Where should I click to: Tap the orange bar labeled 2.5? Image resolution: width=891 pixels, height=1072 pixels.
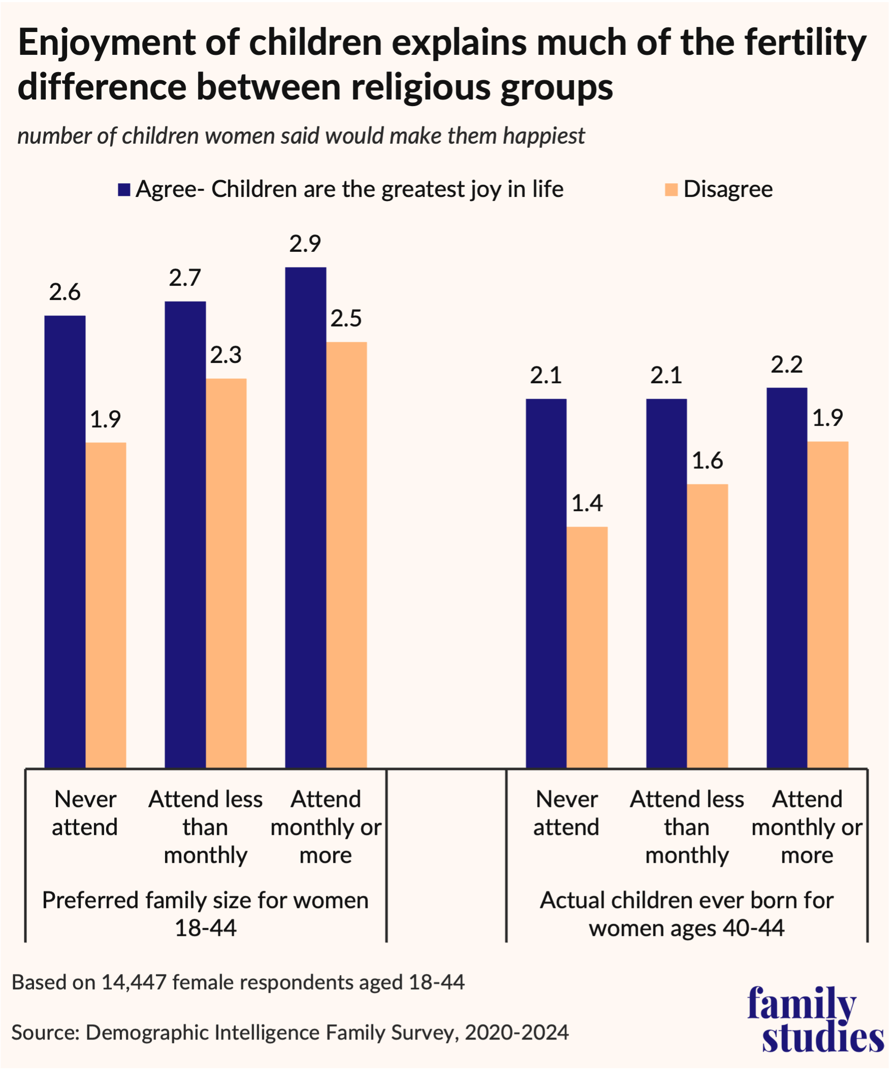point(346,554)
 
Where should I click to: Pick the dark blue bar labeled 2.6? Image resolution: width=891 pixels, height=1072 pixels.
point(65,541)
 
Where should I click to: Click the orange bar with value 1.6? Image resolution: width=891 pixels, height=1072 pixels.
point(708,625)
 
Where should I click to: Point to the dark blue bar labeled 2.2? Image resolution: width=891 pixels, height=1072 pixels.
point(787,577)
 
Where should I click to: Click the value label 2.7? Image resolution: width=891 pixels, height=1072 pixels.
point(185,278)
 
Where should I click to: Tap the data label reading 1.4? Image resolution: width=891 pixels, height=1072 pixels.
point(587,504)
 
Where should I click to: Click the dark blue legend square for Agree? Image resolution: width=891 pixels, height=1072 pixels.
point(124,190)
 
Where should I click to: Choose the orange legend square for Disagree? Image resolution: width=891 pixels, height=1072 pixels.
point(671,190)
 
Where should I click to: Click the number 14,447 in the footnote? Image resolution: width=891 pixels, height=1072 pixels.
point(134,982)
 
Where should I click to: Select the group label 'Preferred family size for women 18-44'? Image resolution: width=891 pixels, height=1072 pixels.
point(205,914)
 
